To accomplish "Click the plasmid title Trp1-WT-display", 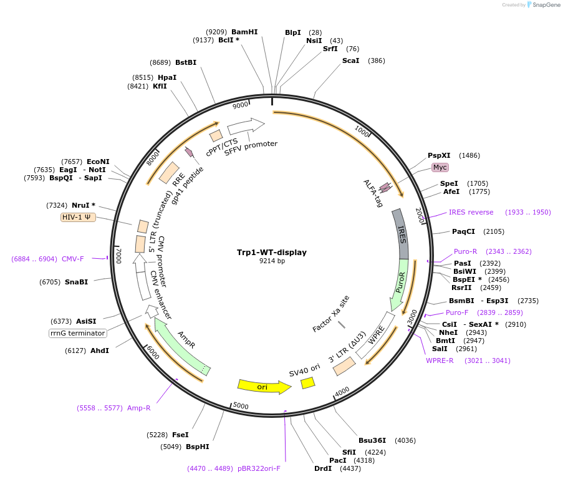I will click(271, 253).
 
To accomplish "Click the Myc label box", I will click(440, 167).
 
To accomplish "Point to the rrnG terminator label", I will click(77, 333).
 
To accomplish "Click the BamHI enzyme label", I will click(244, 32).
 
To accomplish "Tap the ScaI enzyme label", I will click(351, 60).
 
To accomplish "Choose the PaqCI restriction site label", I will click(463, 231).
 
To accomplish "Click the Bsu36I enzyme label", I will click(372, 440).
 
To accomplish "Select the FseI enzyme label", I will click(180, 435).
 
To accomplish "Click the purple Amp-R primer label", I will click(139, 408).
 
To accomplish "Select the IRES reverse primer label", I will click(471, 212).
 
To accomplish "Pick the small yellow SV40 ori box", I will click(308, 383).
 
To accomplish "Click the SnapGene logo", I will click(543, 5).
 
